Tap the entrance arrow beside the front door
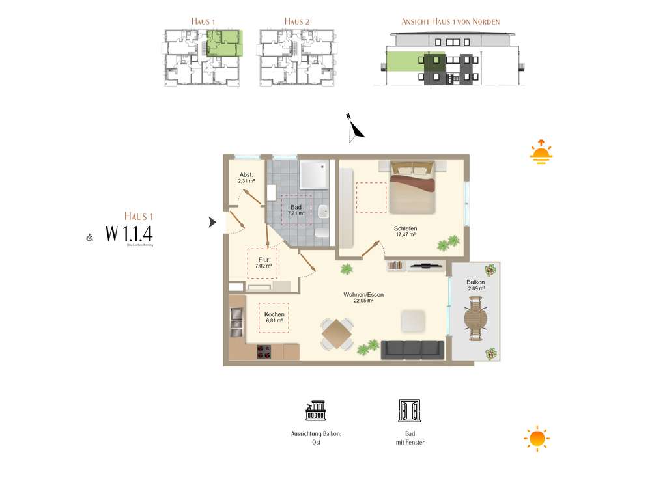(212, 223)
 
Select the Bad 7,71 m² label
(296, 210)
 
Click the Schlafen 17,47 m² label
(405, 232)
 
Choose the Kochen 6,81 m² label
(274, 318)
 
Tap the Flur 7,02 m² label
(263, 263)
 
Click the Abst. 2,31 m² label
(246, 178)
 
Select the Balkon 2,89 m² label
(475, 285)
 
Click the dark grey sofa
(412, 349)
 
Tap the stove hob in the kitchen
(264, 351)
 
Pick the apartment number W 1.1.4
(129, 233)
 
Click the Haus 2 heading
(297, 21)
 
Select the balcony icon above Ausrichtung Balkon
(316, 411)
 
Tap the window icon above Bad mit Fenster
(409, 411)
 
